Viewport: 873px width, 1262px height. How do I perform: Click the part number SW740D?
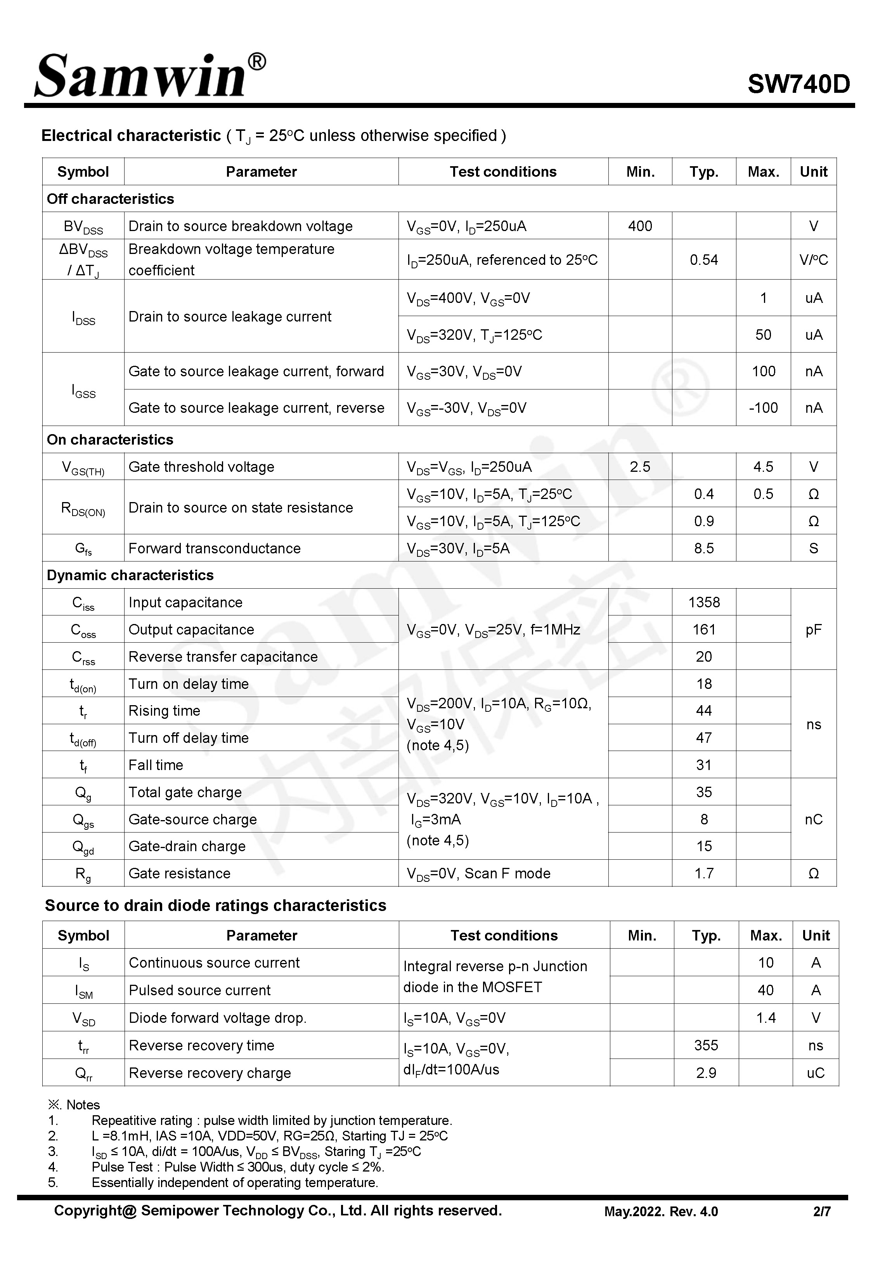(x=798, y=84)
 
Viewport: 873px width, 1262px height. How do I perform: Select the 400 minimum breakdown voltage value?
(x=639, y=226)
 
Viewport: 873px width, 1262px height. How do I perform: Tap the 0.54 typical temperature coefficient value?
(x=703, y=260)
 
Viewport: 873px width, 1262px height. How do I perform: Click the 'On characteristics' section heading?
(x=110, y=440)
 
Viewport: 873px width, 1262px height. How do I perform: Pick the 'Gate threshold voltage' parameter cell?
(x=201, y=467)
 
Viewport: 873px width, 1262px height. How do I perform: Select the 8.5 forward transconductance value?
(x=703, y=548)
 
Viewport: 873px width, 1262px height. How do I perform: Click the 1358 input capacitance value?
(x=703, y=603)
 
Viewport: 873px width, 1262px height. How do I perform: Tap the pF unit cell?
(x=813, y=629)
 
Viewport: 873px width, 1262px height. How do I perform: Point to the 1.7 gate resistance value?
(x=703, y=873)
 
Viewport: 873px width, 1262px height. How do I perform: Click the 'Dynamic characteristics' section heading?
(x=130, y=575)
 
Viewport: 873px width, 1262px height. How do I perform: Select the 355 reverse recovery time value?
(x=706, y=1045)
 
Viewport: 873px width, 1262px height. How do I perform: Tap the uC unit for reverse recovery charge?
(x=815, y=1073)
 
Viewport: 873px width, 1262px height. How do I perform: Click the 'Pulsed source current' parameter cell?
(x=200, y=990)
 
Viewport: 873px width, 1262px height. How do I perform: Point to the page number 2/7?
(x=821, y=1212)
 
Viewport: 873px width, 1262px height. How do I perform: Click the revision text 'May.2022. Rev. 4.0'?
(x=661, y=1212)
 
